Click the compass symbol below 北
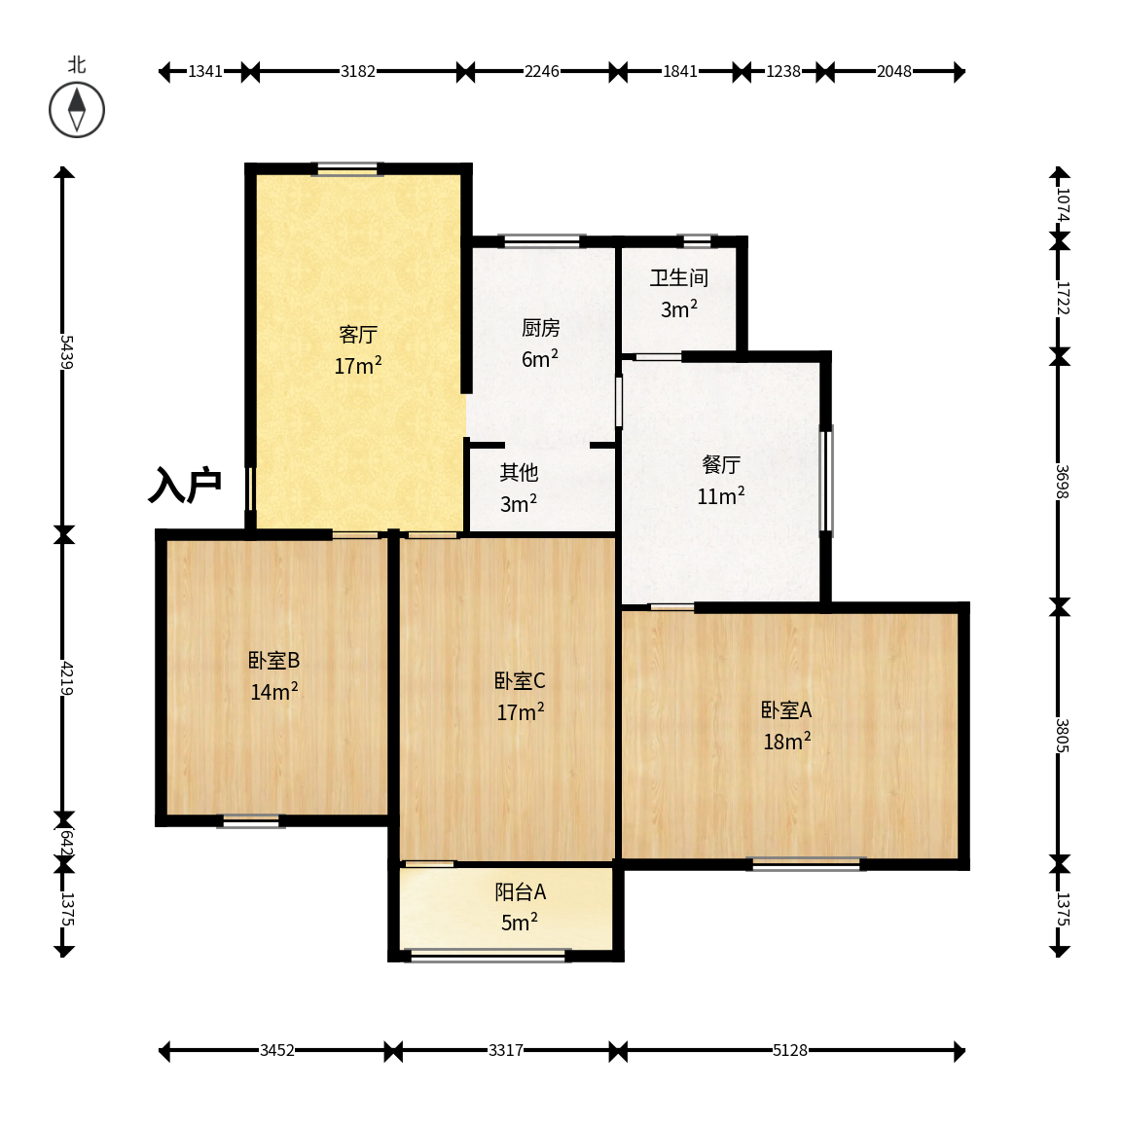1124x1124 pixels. click(x=77, y=110)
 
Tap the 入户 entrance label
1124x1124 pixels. click(x=184, y=486)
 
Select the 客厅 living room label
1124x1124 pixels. click(x=358, y=334)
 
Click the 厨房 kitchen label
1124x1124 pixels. click(x=540, y=328)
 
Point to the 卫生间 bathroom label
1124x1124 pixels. click(x=679, y=277)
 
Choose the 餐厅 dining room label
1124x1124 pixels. click(x=720, y=464)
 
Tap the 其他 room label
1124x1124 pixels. click(x=519, y=472)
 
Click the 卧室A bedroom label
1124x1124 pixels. click(x=786, y=709)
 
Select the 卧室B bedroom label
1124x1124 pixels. click(x=273, y=660)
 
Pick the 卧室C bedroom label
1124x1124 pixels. click(x=520, y=680)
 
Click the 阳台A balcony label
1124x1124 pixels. click(x=521, y=891)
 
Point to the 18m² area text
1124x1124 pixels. click(x=786, y=741)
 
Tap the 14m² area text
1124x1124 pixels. click(x=273, y=691)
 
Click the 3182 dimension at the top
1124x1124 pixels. click(x=358, y=71)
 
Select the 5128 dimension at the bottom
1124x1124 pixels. click(x=790, y=1050)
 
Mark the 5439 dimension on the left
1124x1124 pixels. click(x=65, y=351)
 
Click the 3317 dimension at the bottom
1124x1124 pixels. click(x=505, y=1050)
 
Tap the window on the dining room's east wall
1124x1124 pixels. click(x=826, y=481)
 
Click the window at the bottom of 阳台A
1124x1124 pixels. click(x=488, y=955)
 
